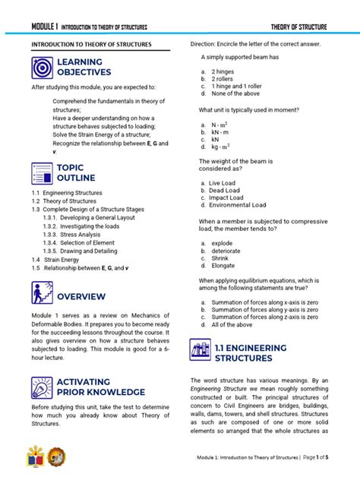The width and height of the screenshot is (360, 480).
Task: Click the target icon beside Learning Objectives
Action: click(x=43, y=68)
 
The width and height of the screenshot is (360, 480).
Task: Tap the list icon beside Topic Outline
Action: click(x=43, y=173)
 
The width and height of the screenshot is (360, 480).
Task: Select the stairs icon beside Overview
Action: click(x=43, y=292)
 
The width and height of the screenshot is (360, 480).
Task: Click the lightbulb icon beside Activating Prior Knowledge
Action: click(x=43, y=387)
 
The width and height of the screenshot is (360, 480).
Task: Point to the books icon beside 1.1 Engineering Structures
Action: click(x=201, y=352)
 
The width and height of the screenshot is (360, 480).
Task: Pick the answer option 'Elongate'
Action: click(x=223, y=266)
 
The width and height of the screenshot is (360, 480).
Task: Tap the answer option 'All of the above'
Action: click(x=232, y=324)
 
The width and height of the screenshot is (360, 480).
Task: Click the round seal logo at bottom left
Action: click(x=56, y=456)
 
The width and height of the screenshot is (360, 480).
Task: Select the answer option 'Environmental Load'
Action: click(x=238, y=205)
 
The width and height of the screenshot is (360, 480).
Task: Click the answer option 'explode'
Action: click(x=223, y=243)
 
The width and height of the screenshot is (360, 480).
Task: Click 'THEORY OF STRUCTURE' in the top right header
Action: click(x=298, y=27)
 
